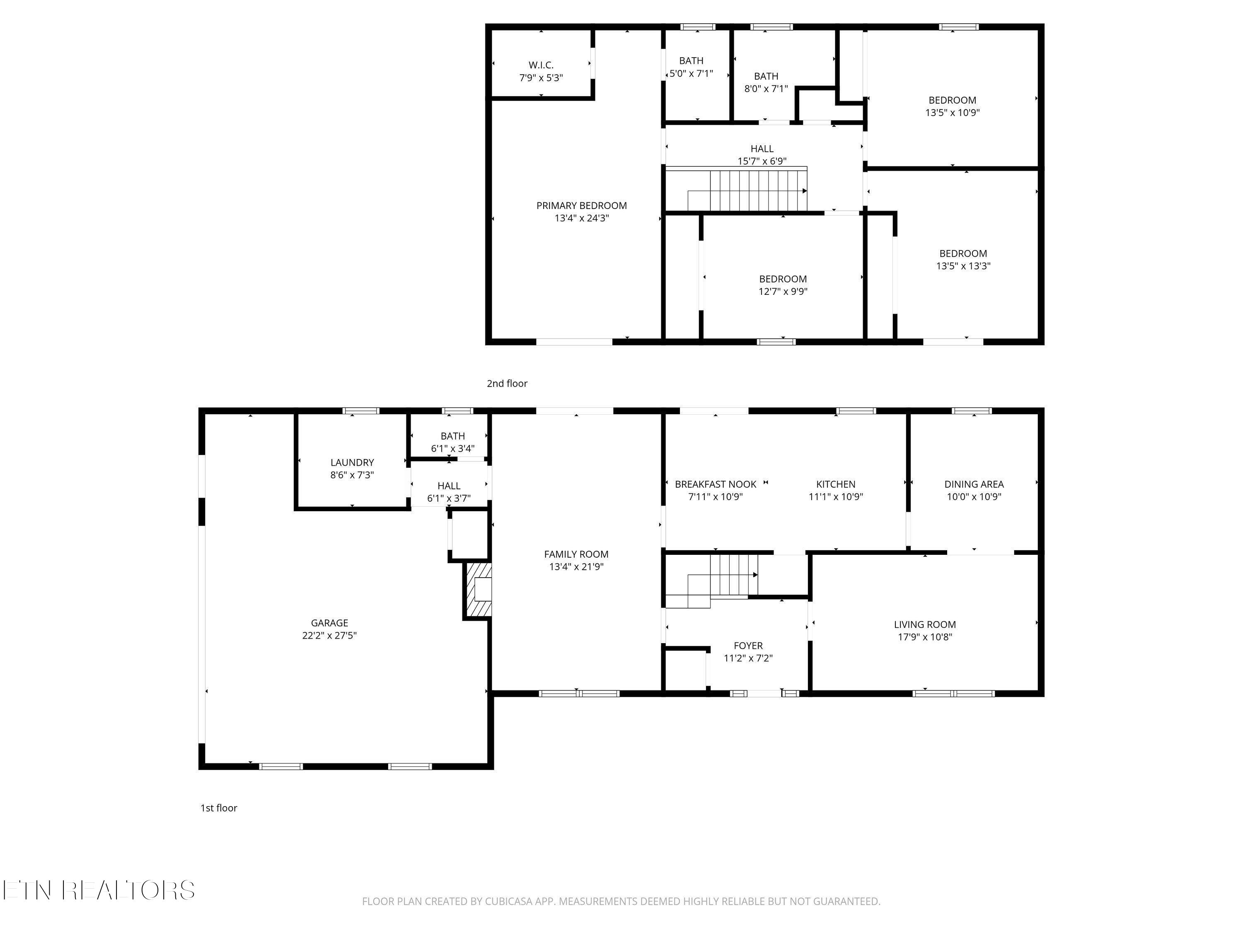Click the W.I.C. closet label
point(541,65)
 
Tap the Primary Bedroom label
point(582,206)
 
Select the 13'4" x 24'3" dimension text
point(582,218)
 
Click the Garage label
point(330,623)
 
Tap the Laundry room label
point(352,463)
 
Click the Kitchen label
point(836,484)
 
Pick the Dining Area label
point(974,484)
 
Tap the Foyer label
point(748,646)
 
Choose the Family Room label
point(576,554)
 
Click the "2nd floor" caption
point(507,384)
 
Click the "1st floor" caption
point(219,808)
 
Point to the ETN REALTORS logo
point(99,890)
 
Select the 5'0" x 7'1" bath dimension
point(691,73)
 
